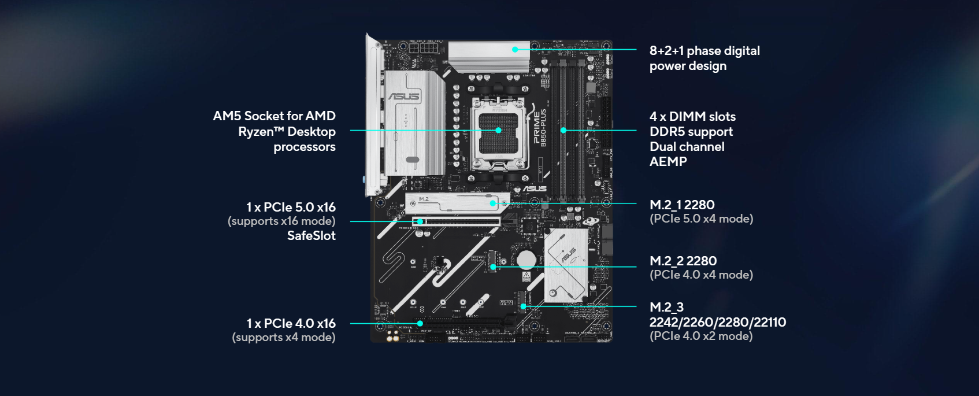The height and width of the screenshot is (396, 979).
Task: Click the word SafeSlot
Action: [x=311, y=235]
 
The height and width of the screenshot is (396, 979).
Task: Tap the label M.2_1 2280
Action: [x=682, y=205]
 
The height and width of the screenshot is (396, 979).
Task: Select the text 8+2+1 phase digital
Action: [x=704, y=51]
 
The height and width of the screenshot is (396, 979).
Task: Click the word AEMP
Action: [x=668, y=162]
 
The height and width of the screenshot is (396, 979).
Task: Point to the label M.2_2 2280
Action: [x=683, y=261]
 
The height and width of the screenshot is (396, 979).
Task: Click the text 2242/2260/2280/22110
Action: [x=717, y=322]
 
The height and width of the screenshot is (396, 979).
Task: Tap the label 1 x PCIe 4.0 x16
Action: [x=291, y=323]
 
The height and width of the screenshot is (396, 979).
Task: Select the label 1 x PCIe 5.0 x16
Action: [x=291, y=207]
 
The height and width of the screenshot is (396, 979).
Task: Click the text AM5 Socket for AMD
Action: [x=274, y=116]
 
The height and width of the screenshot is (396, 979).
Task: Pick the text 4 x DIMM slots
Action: [x=692, y=117]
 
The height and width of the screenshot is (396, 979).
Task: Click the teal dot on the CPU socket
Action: [x=498, y=130]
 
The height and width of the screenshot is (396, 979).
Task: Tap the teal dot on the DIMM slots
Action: [x=563, y=130]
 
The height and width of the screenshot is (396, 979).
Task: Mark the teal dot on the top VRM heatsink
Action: [x=515, y=50]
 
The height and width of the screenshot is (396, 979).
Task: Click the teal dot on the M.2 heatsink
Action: [x=492, y=203]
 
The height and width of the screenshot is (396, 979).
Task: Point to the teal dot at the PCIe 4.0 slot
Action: [x=420, y=324]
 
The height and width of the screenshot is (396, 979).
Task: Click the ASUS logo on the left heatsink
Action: [x=404, y=97]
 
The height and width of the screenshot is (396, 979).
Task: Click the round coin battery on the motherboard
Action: [x=526, y=260]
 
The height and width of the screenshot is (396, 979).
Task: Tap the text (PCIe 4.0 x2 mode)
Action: [x=701, y=336]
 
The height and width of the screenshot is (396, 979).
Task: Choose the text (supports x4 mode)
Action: [x=284, y=337]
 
